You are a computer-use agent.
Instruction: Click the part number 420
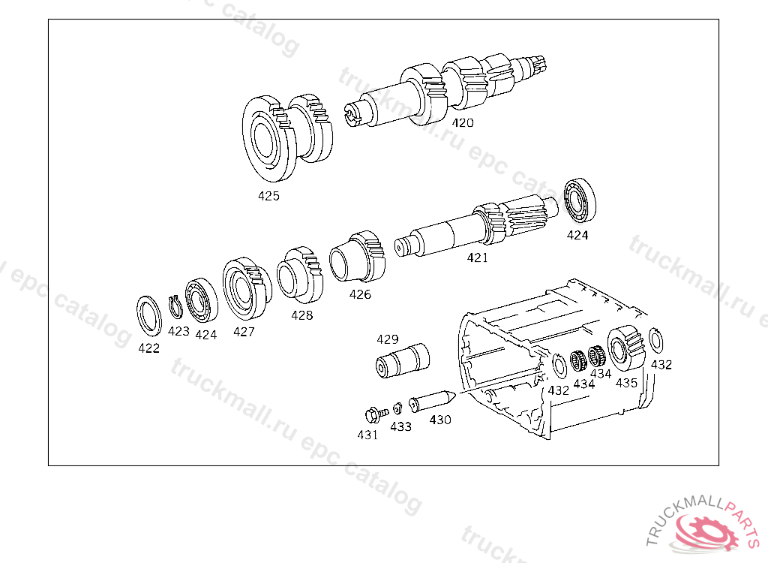(x=463, y=122)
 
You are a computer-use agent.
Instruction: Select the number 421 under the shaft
(x=477, y=257)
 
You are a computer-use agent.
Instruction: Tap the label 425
(x=268, y=196)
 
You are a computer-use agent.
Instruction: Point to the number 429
(x=388, y=339)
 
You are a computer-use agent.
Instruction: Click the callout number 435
(x=626, y=382)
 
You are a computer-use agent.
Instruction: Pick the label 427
(x=244, y=331)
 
